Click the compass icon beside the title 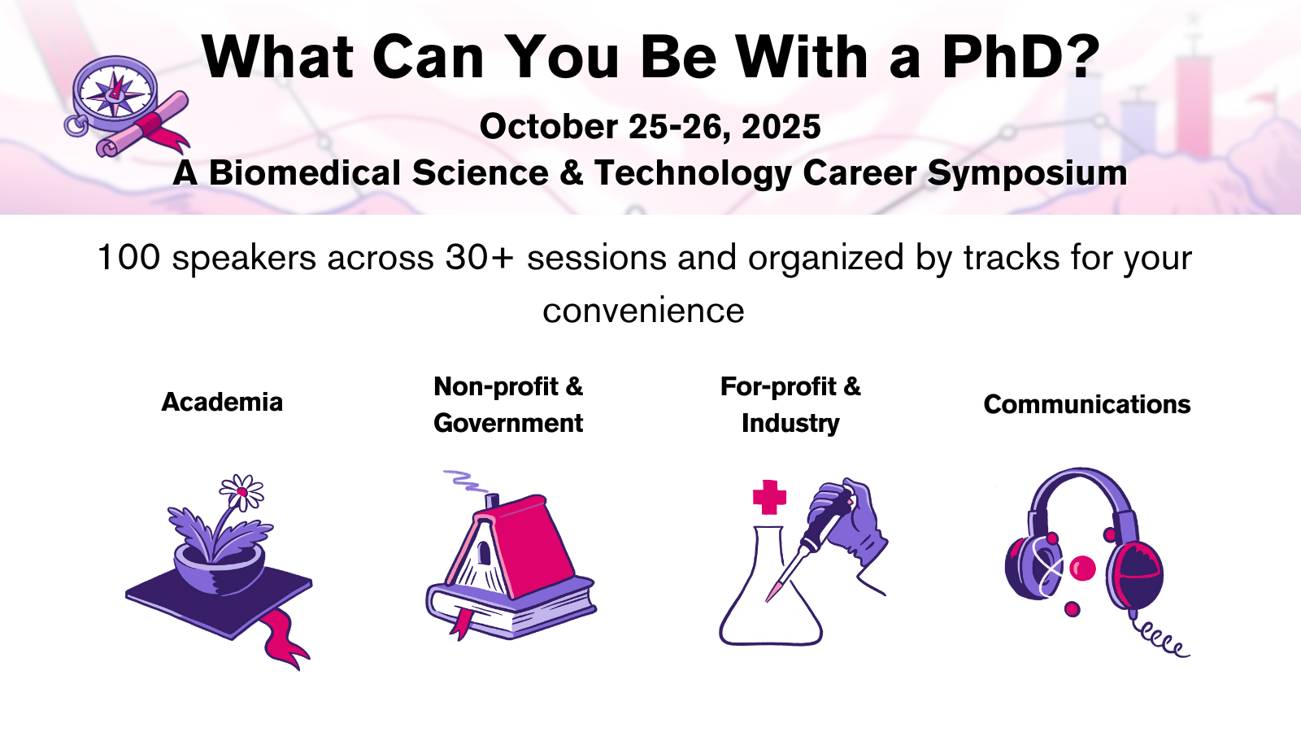[115, 94]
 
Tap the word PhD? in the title [1020, 57]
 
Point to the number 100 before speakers [128, 258]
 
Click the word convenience [643, 311]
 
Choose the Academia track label [222, 402]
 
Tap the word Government [508, 423]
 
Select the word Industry [790, 423]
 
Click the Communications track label [1086, 404]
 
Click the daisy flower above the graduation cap [241, 492]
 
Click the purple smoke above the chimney [463, 481]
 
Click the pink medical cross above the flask [769, 497]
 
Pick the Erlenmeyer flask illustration [768, 602]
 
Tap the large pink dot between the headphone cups [1082, 568]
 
